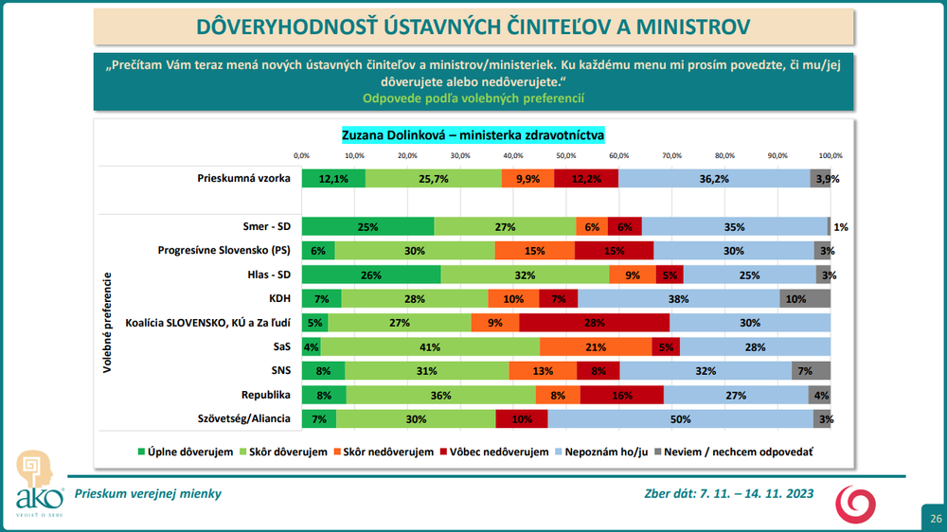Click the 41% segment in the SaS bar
click(x=430, y=346)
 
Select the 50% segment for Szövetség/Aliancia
click(x=680, y=418)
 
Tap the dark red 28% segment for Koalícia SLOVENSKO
click(x=594, y=323)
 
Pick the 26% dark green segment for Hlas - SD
click(x=371, y=275)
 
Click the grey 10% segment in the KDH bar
click(x=804, y=299)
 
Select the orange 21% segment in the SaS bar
click(x=595, y=346)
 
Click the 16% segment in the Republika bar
click(x=621, y=395)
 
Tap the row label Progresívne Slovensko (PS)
click(x=223, y=251)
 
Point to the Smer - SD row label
click(x=267, y=227)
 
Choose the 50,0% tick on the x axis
click(x=566, y=155)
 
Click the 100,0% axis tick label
click(x=831, y=155)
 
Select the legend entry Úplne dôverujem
click(x=187, y=452)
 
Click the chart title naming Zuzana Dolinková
click(x=473, y=135)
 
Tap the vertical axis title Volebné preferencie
click(x=109, y=322)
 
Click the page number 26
click(x=935, y=518)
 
